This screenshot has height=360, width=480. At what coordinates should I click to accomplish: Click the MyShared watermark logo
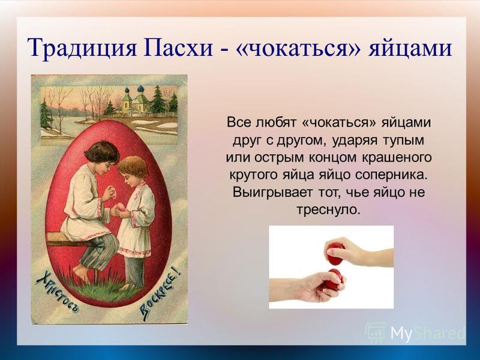coord(415,332)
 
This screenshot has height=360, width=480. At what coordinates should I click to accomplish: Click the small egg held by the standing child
coord(120,207)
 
